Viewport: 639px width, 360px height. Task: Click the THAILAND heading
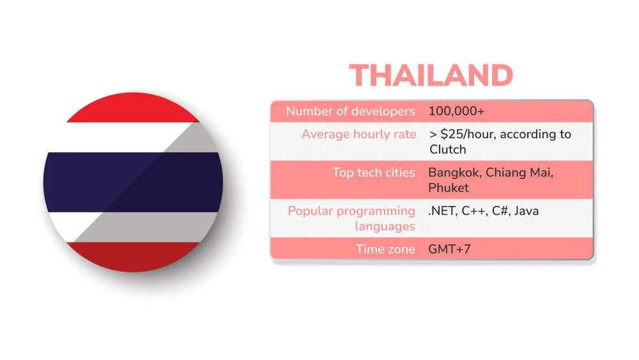[x=431, y=76]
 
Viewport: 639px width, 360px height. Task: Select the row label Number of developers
[x=350, y=111]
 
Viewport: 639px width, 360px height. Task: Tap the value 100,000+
[x=456, y=111]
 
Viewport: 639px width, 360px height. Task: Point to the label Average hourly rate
[x=358, y=134]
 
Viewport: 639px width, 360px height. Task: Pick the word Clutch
[x=447, y=150]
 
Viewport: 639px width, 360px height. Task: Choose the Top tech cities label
[x=373, y=173]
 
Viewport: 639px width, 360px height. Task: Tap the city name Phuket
[x=448, y=188]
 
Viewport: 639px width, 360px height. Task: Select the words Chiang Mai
[x=522, y=173]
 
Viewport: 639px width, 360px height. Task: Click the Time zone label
[x=385, y=249]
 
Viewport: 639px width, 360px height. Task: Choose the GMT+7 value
[x=449, y=249]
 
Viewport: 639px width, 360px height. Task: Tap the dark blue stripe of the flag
[x=133, y=182]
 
